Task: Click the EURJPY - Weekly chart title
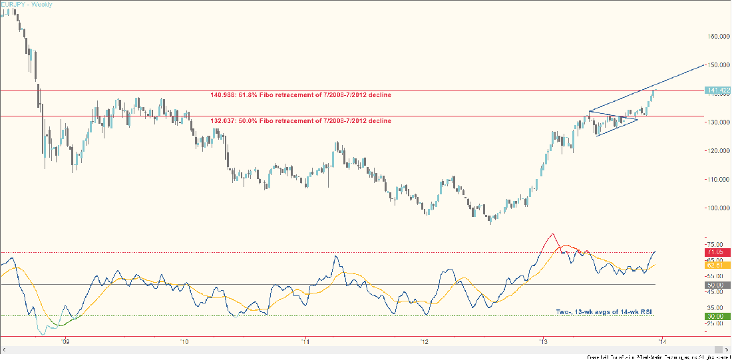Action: coord(29,5)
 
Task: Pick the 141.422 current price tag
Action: coord(718,90)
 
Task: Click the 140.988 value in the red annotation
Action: coord(221,95)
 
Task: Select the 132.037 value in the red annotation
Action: coord(221,121)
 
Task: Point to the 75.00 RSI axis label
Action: coord(715,244)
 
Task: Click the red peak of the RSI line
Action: coord(552,234)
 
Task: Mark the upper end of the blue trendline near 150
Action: coord(703,64)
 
